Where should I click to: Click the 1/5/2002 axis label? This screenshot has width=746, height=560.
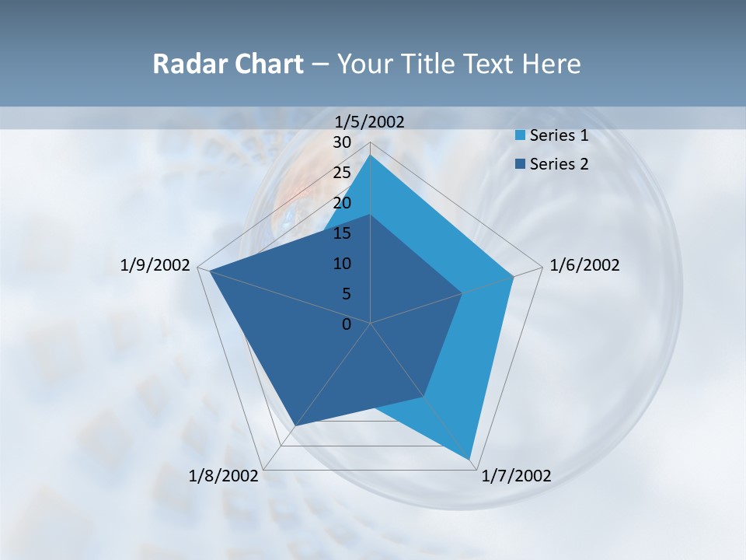[x=369, y=121]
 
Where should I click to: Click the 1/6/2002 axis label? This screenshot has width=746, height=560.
[x=584, y=265]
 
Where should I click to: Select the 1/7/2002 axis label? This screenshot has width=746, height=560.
[x=516, y=476]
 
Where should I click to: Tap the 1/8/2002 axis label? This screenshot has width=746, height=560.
[x=224, y=476]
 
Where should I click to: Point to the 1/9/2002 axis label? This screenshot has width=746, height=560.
[x=155, y=265]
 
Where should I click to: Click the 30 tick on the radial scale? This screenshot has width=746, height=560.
[x=342, y=142]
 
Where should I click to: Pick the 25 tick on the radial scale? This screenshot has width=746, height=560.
[x=342, y=173]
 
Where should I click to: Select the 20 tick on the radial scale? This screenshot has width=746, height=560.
[x=342, y=203]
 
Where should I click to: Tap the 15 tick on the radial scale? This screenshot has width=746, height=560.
[x=342, y=233]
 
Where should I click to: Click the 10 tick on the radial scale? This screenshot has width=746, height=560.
[x=342, y=264]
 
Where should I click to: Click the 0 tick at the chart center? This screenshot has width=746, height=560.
[x=347, y=324]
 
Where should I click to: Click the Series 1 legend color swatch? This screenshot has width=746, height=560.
[x=520, y=136]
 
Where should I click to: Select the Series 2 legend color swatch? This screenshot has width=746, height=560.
[x=520, y=164]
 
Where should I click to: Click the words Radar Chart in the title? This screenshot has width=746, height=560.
[x=228, y=64]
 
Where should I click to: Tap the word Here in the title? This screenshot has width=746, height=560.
[x=551, y=64]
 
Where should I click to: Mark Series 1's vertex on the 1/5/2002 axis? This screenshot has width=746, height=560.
[x=371, y=156]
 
